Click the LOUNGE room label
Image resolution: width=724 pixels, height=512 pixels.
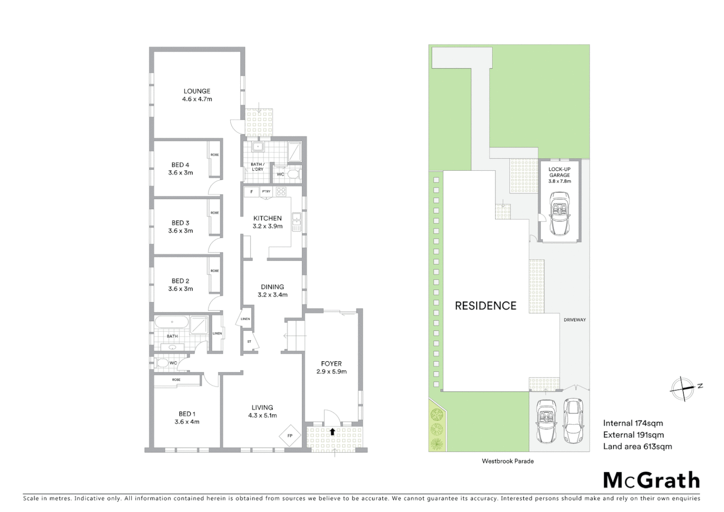point(197,91)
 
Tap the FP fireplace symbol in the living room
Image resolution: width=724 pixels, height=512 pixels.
point(290,436)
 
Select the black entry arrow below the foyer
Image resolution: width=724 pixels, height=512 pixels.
point(333,431)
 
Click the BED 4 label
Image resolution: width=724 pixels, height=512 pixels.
point(180,165)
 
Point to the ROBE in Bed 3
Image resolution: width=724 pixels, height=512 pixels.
point(215,213)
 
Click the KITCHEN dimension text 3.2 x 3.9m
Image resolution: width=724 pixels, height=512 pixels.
point(267,226)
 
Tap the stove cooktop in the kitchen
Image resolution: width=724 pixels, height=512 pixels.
point(281,192)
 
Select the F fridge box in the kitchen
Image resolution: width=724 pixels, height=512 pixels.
point(252,192)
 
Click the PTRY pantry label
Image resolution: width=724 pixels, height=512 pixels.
point(266,192)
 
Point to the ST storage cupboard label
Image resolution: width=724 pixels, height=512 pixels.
point(249,341)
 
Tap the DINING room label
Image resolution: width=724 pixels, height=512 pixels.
point(272,287)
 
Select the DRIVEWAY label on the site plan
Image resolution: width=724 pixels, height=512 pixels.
point(574,320)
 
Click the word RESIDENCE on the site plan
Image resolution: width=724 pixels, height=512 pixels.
point(485,306)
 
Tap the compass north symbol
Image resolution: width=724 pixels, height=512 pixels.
point(683,388)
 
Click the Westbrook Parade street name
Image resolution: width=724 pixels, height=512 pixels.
point(507,461)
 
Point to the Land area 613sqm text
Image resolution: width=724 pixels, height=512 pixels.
point(637,446)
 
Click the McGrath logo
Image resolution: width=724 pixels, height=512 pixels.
point(651,480)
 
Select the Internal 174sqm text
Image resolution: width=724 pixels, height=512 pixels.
point(633,423)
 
